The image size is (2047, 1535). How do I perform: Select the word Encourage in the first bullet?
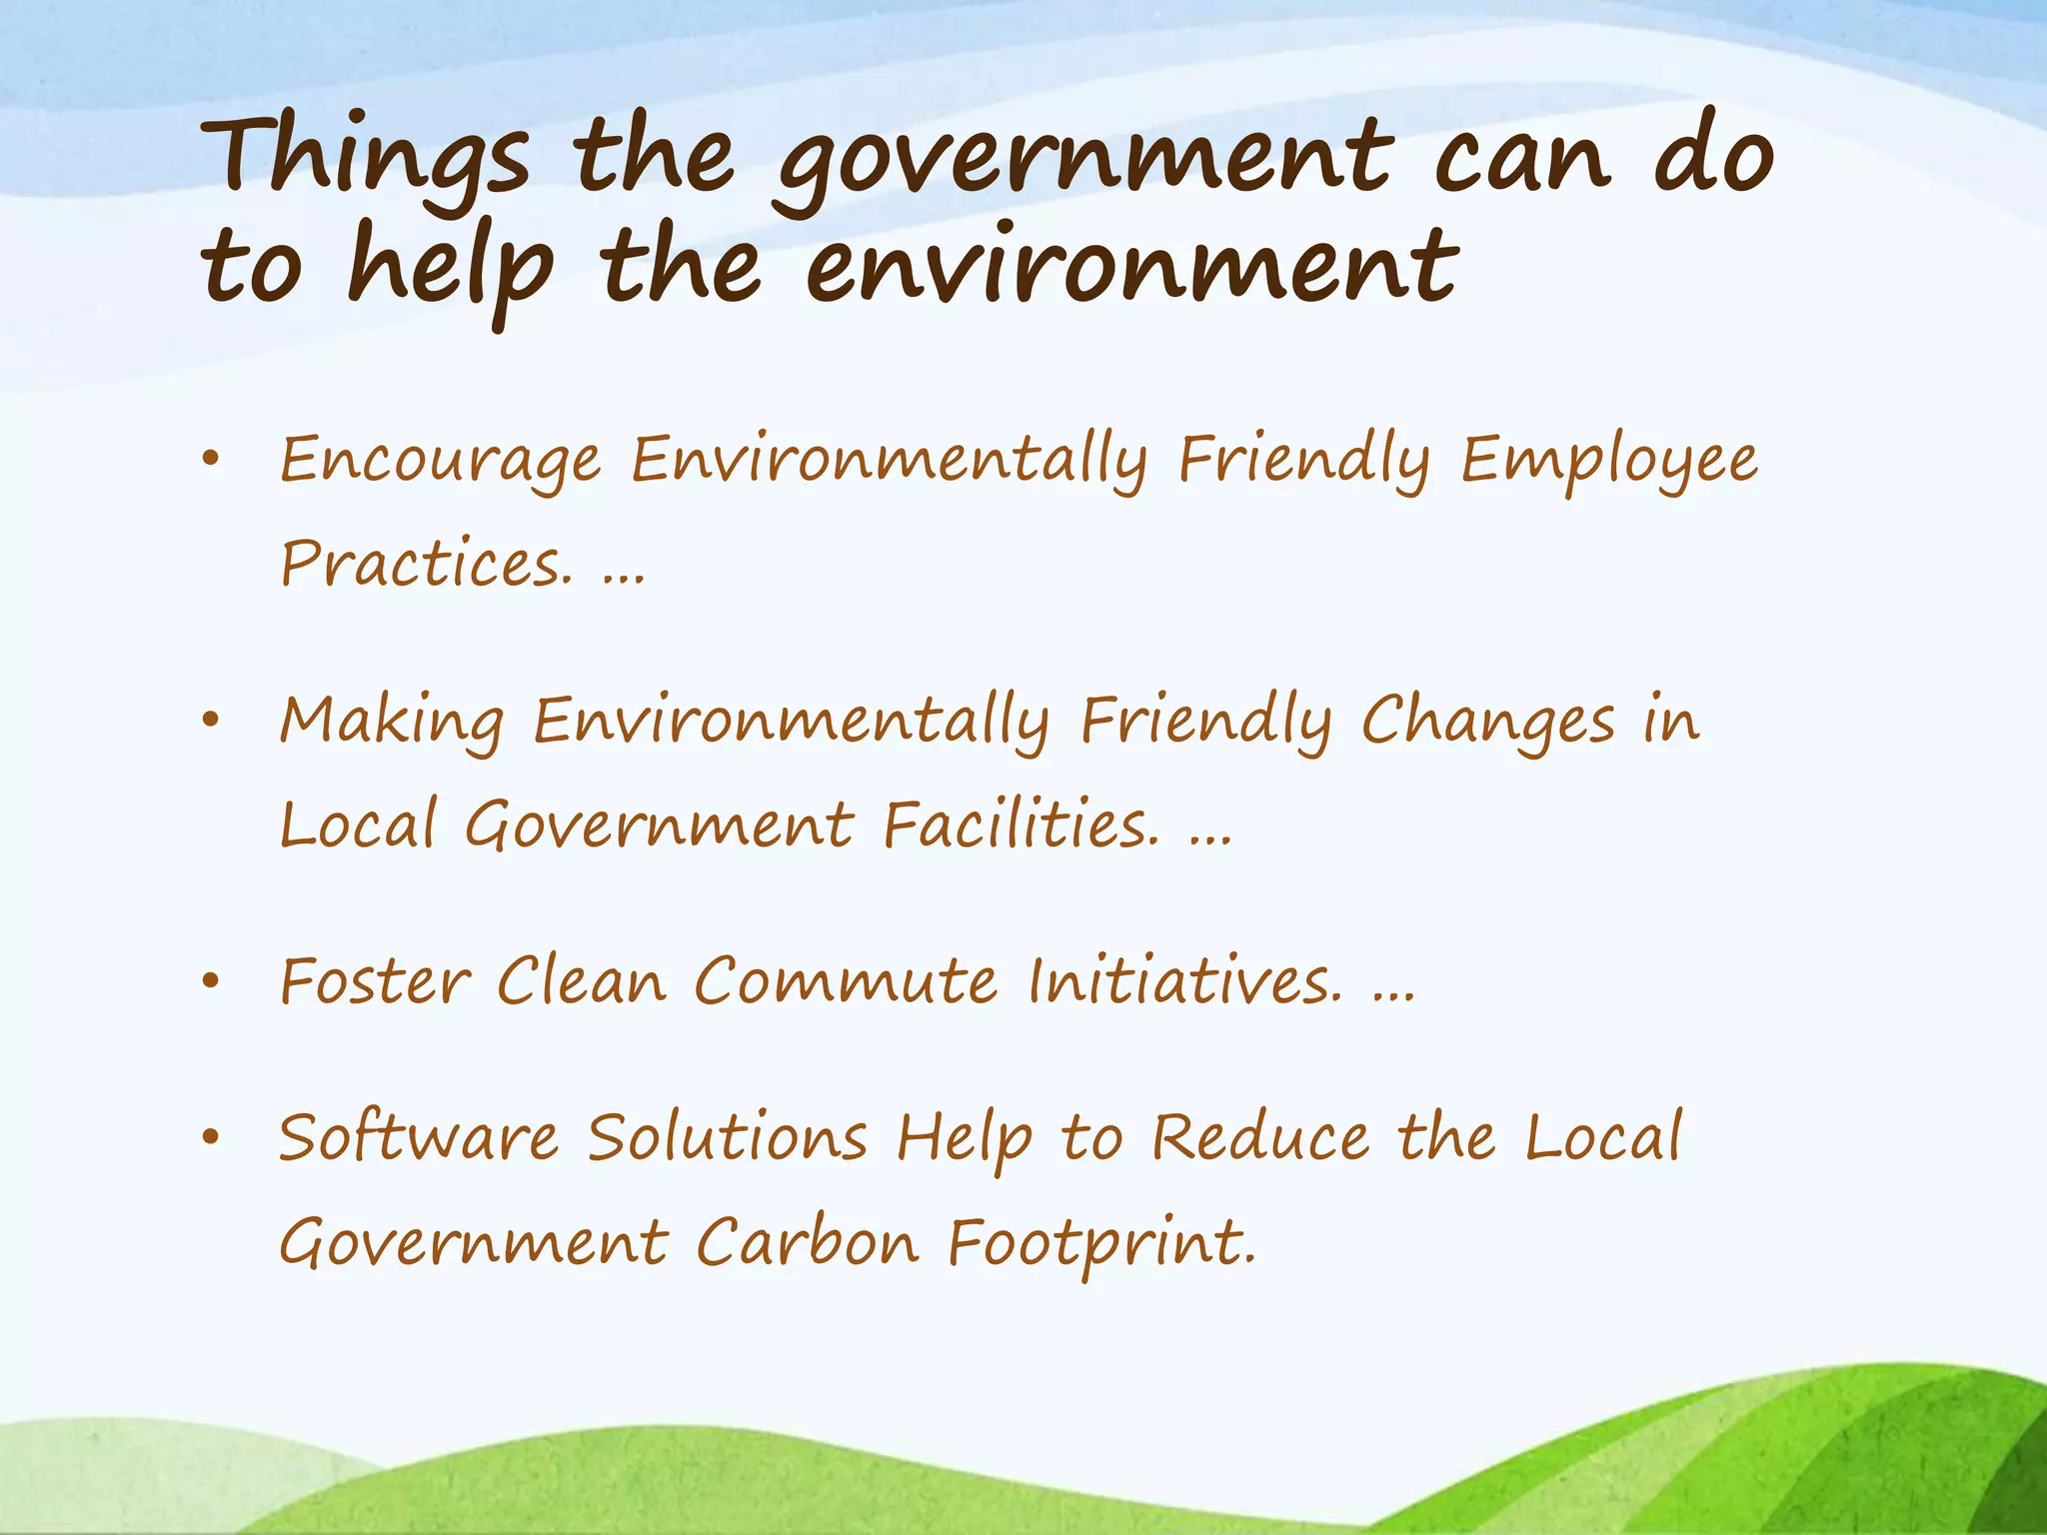[440, 462]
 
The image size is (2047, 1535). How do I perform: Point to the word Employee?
[1608, 462]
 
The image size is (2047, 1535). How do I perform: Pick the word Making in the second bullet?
[392, 723]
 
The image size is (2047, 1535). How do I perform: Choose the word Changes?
[1487, 723]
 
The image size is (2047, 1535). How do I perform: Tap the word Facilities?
[1021, 825]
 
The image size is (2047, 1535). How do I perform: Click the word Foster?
[375, 981]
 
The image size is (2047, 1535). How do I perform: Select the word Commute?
[846, 981]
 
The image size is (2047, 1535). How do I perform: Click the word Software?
[419, 1139]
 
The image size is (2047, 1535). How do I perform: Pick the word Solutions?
[728, 1139]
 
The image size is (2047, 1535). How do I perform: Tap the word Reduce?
[1260, 1139]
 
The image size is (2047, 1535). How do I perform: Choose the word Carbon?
[807, 1243]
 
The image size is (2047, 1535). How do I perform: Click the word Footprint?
[1100, 1245]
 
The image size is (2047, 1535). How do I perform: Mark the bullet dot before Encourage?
[210, 461]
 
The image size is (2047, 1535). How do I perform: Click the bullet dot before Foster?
[210, 981]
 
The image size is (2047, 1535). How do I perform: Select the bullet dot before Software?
[210, 1138]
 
